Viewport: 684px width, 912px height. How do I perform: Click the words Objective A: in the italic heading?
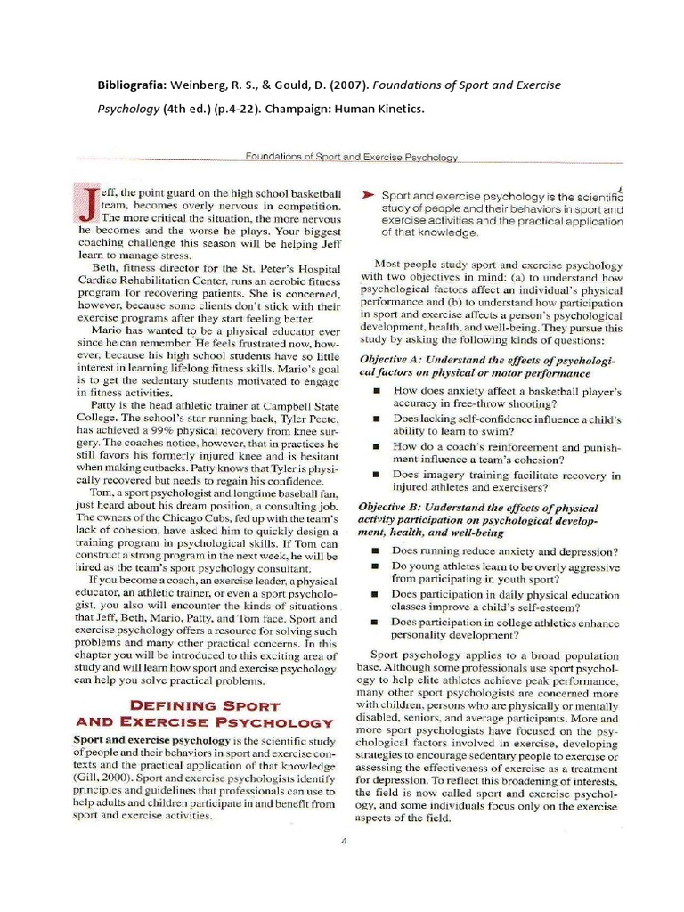[394, 358]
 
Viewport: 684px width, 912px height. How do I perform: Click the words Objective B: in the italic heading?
[393, 505]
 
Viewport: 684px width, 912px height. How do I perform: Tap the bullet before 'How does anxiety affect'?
[378, 391]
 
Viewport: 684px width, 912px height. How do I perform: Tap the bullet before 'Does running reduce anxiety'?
[378, 551]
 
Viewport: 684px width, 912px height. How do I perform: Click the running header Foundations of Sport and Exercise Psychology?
[351, 157]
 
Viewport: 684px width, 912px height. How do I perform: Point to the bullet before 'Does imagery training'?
[378, 474]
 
